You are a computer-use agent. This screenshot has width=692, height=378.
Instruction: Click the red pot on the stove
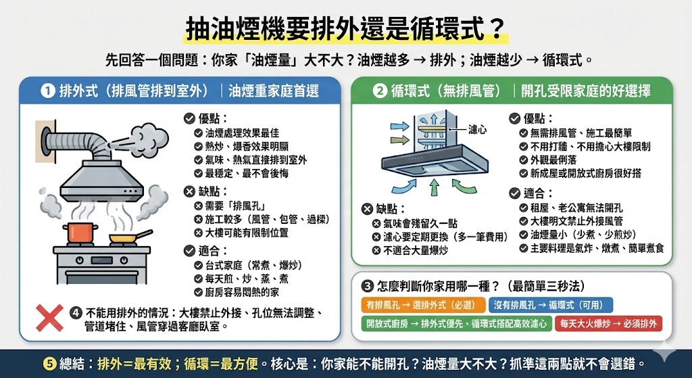[x=80, y=233]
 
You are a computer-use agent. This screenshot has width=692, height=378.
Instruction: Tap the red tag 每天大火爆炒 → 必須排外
[x=608, y=324]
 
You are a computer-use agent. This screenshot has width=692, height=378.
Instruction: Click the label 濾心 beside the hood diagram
[x=478, y=128]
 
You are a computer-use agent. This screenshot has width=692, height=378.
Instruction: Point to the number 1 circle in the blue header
[x=47, y=91]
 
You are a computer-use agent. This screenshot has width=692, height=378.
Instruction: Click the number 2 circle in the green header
[x=379, y=91]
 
